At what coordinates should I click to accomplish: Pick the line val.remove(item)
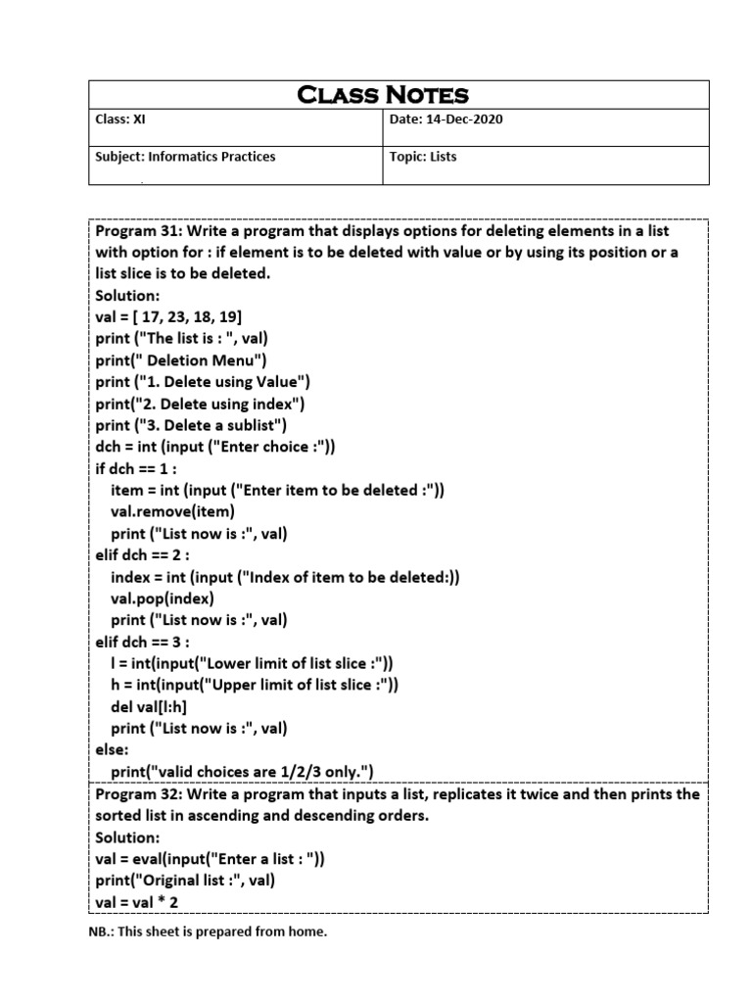click(172, 511)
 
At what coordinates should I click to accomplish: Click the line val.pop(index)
click(162, 597)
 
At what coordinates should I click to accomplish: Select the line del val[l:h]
click(151, 706)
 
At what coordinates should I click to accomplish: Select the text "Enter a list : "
click(261, 859)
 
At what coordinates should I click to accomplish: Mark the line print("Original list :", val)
click(185, 881)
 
